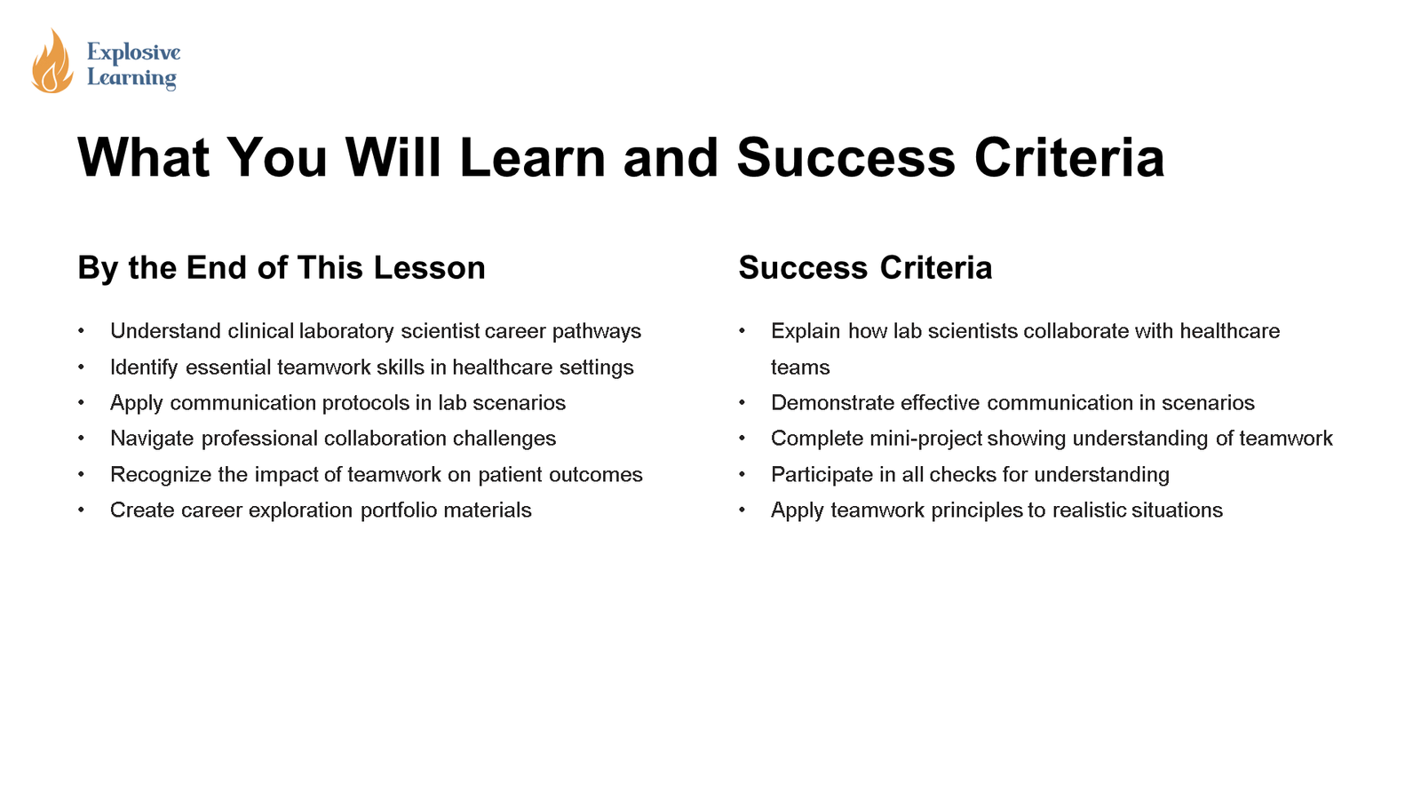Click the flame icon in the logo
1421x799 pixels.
click(52, 62)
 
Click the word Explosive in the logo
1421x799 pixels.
click(133, 52)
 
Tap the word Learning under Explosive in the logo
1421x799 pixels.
click(131, 78)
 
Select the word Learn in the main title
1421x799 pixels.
click(531, 158)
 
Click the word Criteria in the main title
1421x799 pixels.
click(1068, 158)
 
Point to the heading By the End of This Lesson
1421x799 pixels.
click(282, 268)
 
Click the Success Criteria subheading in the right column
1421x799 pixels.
click(865, 268)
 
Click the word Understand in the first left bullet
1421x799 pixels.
click(165, 331)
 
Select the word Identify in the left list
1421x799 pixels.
click(144, 368)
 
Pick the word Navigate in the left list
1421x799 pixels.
click(152, 439)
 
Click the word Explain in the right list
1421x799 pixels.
click(805, 331)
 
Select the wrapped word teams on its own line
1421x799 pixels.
click(800, 368)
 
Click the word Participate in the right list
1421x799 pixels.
click(822, 475)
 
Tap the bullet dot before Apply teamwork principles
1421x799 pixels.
click(742, 510)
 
